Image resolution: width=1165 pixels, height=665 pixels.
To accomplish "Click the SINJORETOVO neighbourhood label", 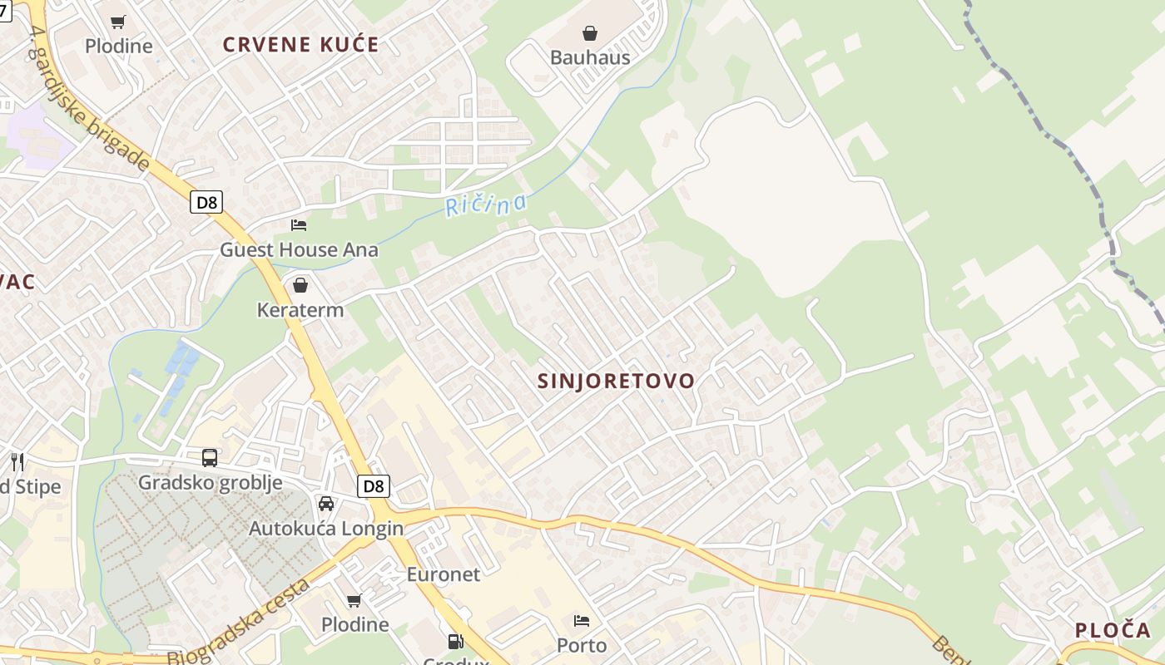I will coord(616,381).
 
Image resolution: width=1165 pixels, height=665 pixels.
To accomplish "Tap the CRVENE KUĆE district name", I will coord(300,45).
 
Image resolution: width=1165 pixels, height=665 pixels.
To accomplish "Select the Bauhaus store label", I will coord(590,57).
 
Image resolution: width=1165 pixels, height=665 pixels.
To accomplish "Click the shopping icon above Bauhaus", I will coord(590,33).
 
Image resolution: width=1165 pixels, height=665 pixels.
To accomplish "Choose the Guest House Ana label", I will coord(299,249).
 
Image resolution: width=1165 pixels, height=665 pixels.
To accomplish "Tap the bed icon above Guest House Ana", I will coord(299,224).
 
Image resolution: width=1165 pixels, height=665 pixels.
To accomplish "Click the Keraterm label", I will coord(300,310).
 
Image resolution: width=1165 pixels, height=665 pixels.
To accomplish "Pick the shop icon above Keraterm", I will coord(300,286).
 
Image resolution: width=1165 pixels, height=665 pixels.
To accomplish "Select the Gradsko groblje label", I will coord(210,482).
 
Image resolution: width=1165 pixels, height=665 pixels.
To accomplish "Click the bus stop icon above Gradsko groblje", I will coord(210,457).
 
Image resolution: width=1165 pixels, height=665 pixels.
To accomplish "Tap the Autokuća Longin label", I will coord(326,528).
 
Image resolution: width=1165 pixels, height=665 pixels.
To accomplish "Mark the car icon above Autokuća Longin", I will coord(326,504).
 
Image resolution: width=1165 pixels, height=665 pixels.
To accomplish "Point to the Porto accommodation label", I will coord(582,645).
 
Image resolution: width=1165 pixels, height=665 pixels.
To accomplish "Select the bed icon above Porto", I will coord(582,621).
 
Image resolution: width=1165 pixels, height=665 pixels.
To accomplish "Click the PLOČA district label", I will coord(1113,630).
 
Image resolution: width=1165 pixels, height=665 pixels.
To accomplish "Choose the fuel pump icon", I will coord(455,642).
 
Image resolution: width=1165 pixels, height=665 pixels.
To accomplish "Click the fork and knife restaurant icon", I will coord(17,461).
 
